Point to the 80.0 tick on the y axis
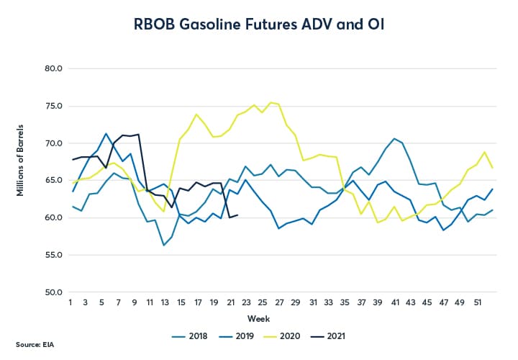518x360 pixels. (53, 69)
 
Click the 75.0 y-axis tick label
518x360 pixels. (53, 107)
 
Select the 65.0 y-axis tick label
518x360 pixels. (53, 181)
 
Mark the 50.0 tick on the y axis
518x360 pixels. (53, 292)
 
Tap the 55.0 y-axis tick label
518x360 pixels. (53, 255)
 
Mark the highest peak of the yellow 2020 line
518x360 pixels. (271, 102)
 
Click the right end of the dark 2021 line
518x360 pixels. (238, 215)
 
